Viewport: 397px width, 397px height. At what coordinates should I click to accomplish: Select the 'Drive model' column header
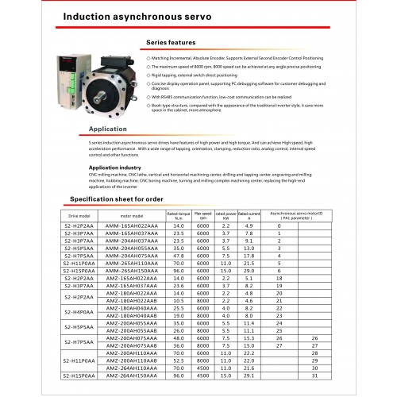pos(82,215)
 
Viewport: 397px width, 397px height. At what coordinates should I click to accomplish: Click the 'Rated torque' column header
pos(178,214)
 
